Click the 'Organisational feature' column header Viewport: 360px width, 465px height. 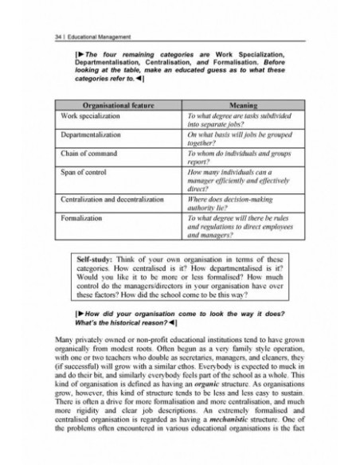click(116, 104)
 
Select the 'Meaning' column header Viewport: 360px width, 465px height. click(241, 104)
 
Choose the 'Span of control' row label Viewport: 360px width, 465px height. click(83, 172)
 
